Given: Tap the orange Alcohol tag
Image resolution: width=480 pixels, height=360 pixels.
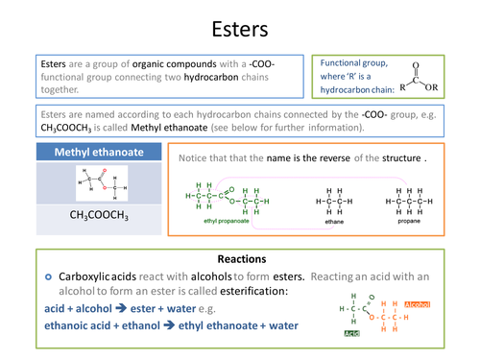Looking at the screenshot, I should (x=418, y=303).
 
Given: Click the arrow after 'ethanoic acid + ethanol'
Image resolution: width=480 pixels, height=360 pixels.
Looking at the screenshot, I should (x=182, y=325).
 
